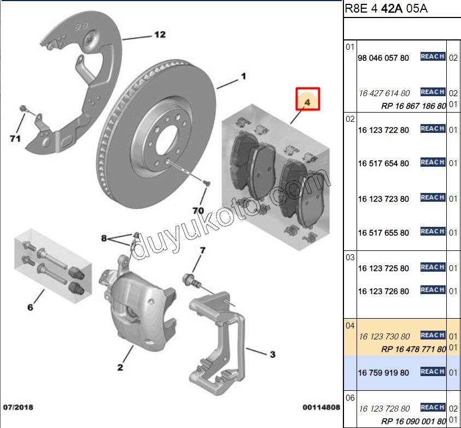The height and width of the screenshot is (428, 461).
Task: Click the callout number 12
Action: (x=159, y=35)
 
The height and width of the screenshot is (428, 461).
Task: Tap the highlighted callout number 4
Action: (x=307, y=102)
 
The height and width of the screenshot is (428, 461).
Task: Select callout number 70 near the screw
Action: (x=198, y=210)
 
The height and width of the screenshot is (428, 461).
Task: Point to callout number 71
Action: (x=15, y=138)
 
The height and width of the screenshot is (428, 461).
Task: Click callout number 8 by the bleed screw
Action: (x=104, y=238)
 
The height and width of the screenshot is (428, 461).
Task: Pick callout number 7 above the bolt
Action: (x=202, y=251)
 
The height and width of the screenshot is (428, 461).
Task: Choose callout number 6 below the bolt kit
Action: (x=30, y=308)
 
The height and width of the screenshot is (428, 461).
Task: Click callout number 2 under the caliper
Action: (x=120, y=367)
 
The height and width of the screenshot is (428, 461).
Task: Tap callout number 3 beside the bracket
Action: (x=272, y=355)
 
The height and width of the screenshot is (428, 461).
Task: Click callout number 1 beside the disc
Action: (x=243, y=77)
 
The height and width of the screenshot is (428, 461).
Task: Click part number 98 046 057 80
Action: (x=383, y=58)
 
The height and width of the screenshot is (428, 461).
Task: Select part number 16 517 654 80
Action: (x=383, y=163)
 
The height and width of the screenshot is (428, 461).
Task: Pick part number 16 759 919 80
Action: (x=383, y=373)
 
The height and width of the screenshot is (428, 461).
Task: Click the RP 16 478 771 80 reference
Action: (x=413, y=349)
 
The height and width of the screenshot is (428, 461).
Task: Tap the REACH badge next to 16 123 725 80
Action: (x=433, y=267)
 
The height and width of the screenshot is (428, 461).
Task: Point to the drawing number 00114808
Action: (x=322, y=407)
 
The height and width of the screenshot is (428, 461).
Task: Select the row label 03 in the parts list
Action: (x=350, y=257)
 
